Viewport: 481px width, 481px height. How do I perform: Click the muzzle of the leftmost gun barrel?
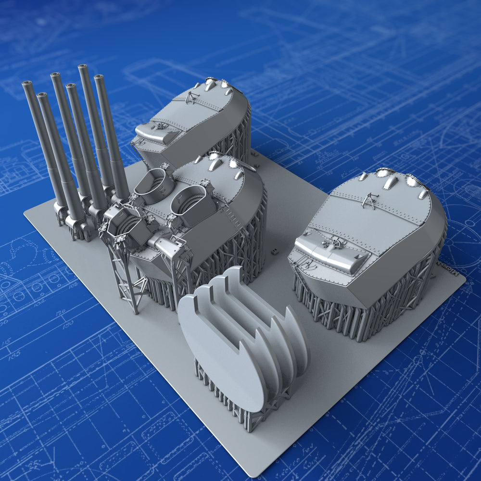click(x=26, y=84)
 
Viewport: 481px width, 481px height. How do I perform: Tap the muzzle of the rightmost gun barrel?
click(x=99, y=77)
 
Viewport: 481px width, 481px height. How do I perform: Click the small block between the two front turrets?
click(x=274, y=251)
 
